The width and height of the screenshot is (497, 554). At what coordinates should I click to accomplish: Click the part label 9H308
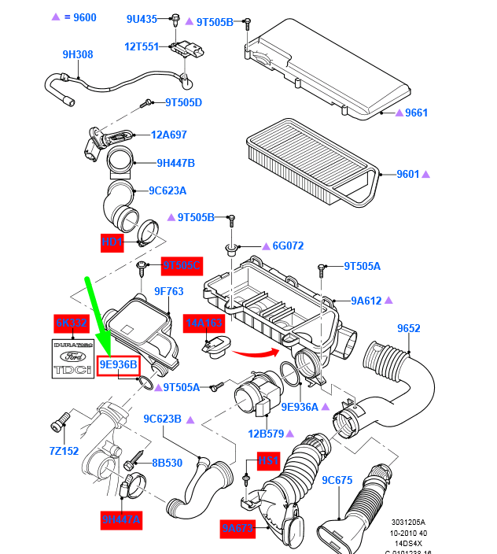tap(78, 54)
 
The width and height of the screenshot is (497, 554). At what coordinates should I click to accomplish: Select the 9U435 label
tap(142, 18)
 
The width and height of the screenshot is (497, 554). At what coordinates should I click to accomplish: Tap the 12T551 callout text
tap(142, 46)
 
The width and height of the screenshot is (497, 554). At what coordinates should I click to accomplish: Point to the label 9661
tap(416, 113)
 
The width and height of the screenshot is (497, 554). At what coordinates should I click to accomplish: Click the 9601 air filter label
tap(408, 174)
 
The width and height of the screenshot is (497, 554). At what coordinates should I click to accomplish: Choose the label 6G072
tap(288, 246)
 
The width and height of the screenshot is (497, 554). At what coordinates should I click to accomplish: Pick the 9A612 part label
tap(366, 300)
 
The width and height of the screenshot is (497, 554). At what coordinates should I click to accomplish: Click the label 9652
tap(408, 328)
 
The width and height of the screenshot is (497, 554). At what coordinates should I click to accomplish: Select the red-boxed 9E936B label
tap(118, 364)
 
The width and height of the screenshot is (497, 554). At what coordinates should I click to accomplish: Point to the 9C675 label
tap(337, 479)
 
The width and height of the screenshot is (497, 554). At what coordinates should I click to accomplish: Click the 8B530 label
tap(167, 463)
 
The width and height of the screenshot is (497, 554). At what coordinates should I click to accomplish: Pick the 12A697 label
tap(169, 135)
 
